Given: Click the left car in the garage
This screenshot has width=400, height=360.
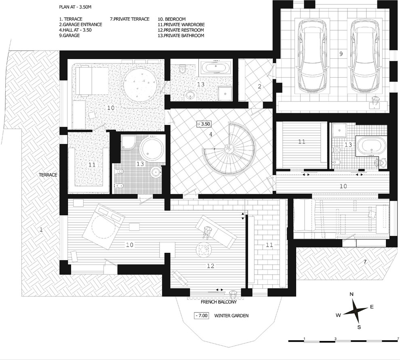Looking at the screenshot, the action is tap(312, 56).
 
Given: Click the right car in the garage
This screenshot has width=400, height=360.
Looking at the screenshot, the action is tap(364, 56).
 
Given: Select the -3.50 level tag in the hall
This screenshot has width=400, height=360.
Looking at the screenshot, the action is tap(204, 124).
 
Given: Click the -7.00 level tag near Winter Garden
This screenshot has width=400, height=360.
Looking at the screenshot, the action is tap(201, 316).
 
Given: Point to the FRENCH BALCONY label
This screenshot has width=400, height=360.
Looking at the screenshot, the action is tap(219, 302).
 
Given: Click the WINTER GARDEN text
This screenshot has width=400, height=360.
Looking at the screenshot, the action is tap(231, 316).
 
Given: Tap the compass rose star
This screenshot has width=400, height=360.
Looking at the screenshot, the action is tap(355, 311).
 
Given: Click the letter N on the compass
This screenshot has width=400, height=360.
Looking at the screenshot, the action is tap(352, 294).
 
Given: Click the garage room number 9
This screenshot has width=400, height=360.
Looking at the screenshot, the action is tap(341, 54).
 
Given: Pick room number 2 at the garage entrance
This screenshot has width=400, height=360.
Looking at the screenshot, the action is tap(260, 86).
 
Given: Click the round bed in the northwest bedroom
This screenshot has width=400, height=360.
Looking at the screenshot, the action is tap(139, 84).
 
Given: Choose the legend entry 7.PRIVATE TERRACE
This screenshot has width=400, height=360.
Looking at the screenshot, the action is tap(130, 19).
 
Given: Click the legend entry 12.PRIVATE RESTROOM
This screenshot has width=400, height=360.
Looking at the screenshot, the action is tap(181, 30).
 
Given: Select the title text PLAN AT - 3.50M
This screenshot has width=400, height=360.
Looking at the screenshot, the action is tap(75, 7).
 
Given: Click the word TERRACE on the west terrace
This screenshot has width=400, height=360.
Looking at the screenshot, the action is tap(48, 175).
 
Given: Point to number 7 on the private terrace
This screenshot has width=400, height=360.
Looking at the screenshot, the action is tap(365, 262).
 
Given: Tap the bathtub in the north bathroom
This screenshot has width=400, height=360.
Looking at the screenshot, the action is tap(216, 68).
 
